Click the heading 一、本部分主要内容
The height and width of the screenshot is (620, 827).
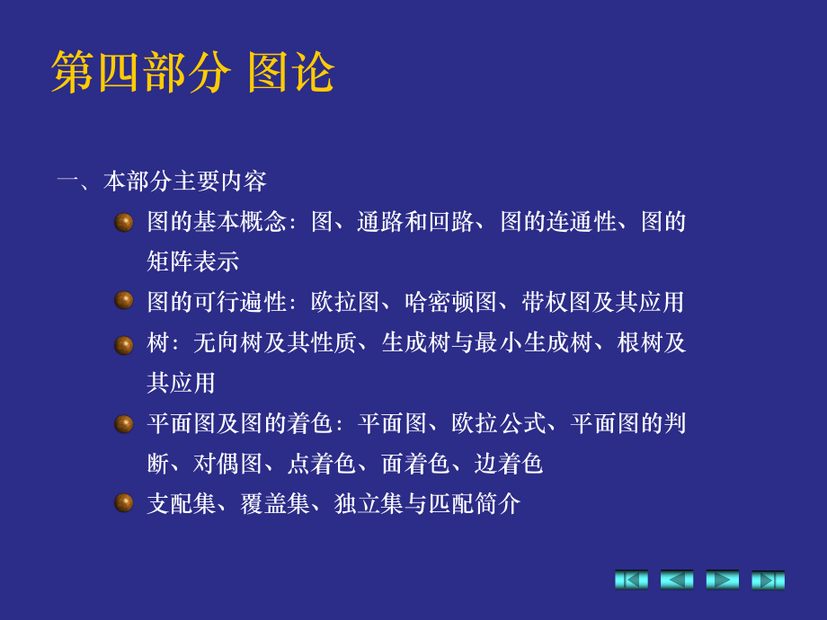click(x=162, y=182)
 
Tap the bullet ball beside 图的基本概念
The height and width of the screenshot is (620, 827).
click(x=124, y=222)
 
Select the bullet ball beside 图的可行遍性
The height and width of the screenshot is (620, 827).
click(x=124, y=301)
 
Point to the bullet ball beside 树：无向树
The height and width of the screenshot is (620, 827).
click(x=124, y=344)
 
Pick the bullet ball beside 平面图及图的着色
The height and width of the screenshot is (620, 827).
click(x=124, y=423)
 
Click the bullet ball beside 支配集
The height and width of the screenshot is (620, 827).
click(x=124, y=502)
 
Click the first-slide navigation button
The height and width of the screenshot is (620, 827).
click(x=631, y=580)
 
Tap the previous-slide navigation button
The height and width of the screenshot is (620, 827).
click(x=677, y=580)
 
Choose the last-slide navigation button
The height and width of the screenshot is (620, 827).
click(x=769, y=580)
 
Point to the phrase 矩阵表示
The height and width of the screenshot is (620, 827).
click(x=192, y=261)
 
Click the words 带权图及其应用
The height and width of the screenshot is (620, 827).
click(x=602, y=302)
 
